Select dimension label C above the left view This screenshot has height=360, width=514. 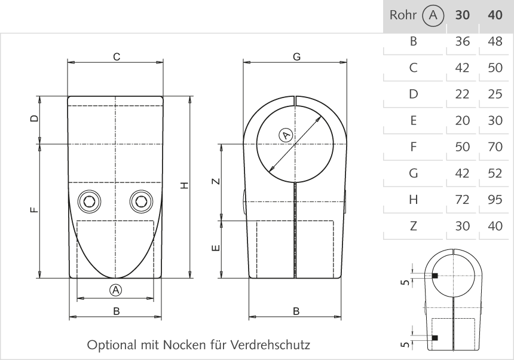[x=117, y=56]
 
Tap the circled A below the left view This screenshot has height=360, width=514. [x=116, y=290]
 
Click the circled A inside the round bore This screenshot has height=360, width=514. [x=286, y=135]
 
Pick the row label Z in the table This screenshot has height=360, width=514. [x=413, y=227]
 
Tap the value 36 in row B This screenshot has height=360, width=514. [x=462, y=42]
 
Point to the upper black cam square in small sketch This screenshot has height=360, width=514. [x=435, y=276]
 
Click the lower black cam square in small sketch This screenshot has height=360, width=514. [x=435, y=338]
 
